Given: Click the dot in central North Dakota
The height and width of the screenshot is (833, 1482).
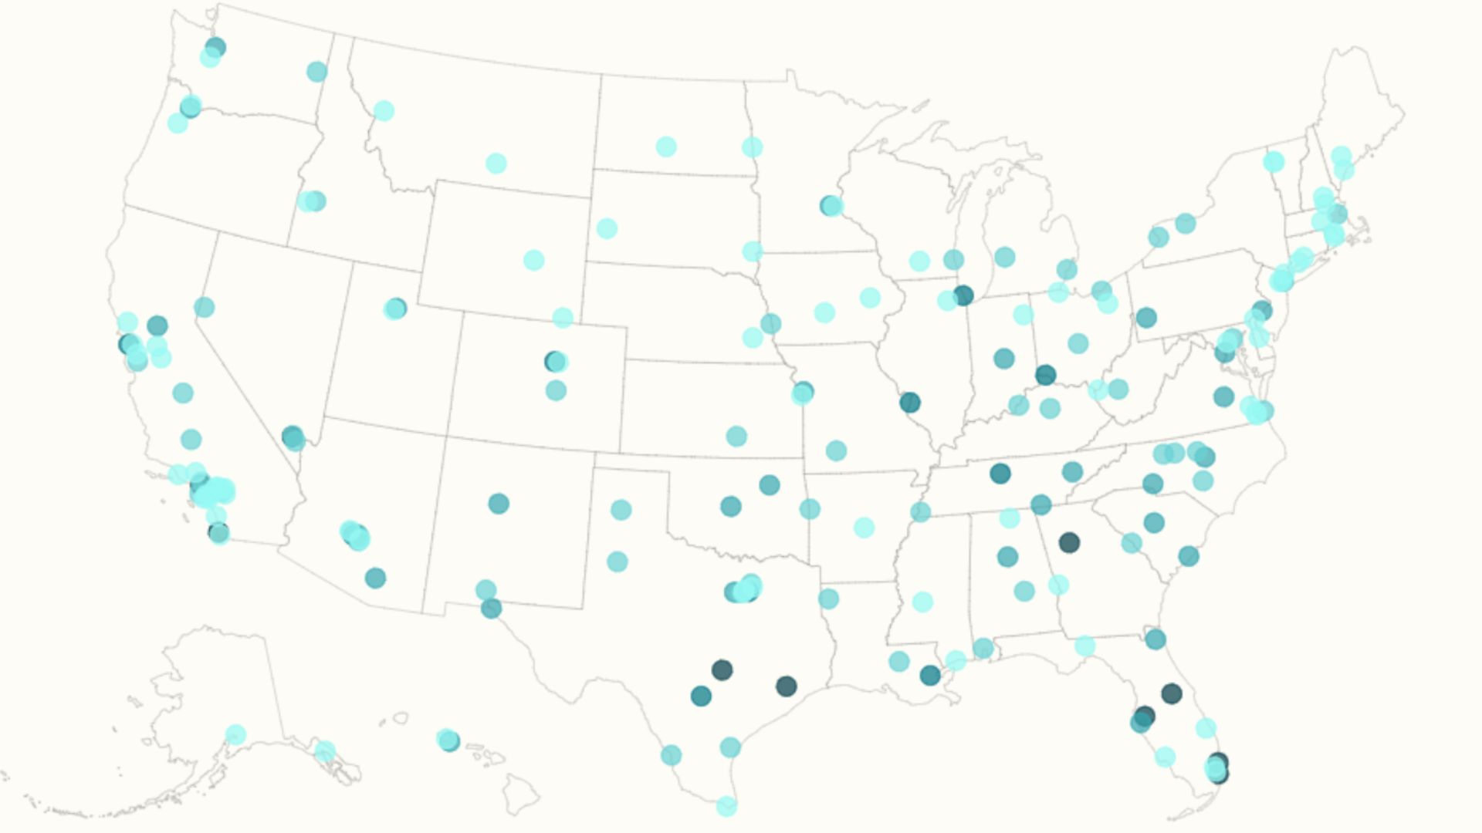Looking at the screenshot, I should point(666,147).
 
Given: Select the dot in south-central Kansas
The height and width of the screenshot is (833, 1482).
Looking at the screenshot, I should point(736,436).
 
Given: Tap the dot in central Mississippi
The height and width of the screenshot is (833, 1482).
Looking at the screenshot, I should point(922,602).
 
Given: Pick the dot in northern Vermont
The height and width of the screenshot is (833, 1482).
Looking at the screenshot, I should point(1274,162).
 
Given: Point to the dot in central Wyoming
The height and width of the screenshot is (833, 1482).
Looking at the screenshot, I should point(533,260).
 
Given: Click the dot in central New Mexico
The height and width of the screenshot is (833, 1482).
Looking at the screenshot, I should point(499,504).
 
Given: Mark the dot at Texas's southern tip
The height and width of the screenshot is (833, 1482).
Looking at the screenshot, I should point(726,806).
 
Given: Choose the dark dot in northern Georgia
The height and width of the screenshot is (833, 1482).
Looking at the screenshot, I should point(1069,542).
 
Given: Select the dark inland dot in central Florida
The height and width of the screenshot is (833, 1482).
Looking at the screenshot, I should point(1172,693).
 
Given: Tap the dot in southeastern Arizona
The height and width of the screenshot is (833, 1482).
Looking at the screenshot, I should point(375,578).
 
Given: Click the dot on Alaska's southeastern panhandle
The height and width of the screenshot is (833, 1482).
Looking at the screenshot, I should point(325,750).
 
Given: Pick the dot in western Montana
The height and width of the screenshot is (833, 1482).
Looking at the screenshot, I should point(384,111).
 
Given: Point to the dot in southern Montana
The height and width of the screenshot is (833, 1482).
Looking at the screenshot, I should point(496,164).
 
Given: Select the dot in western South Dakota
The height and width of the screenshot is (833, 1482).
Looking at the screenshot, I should point(607,228).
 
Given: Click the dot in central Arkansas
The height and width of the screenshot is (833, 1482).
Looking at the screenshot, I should point(864,528).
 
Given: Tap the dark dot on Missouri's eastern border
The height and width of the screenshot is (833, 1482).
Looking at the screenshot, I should point(910,402).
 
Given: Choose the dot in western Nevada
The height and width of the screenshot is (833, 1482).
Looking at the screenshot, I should point(204,307).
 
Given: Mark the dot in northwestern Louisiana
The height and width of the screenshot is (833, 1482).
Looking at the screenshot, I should point(828,598).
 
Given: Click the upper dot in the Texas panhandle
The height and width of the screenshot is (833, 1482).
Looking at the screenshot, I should point(621,509).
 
